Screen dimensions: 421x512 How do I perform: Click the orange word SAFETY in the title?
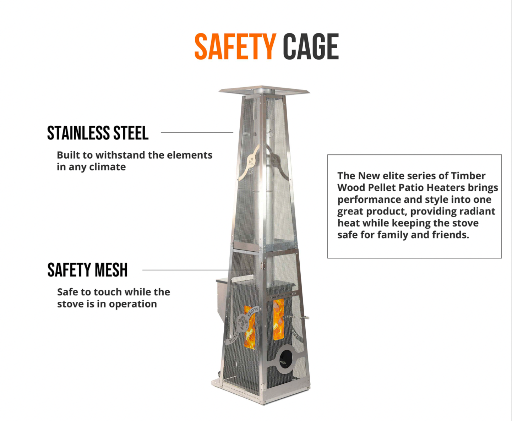[235, 47]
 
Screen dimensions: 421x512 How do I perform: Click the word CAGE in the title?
[311, 47]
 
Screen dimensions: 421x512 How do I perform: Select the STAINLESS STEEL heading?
[98, 133]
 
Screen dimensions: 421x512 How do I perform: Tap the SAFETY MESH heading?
[87, 270]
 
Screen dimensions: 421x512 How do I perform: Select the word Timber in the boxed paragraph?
[468, 176]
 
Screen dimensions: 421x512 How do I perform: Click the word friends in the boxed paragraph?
[450, 235]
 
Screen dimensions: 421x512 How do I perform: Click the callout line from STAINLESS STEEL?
[197, 132]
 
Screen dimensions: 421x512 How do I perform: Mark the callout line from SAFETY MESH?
[197, 270]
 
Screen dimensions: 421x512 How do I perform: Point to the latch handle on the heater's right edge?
[304, 318]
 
